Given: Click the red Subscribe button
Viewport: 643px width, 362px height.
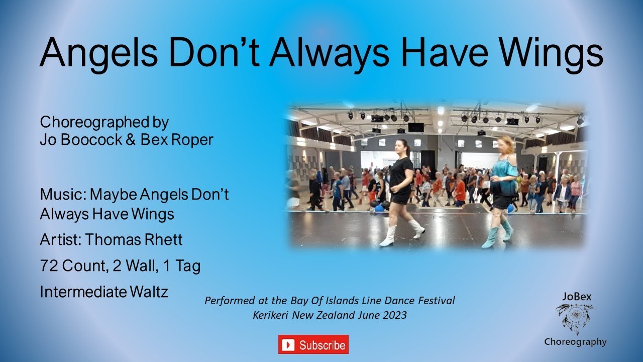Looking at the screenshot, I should point(313,344).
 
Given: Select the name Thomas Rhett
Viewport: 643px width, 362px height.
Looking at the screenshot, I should point(134,240).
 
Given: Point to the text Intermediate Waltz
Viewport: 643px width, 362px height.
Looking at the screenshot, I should point(104,292).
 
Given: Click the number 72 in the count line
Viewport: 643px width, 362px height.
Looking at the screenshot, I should point(49,266).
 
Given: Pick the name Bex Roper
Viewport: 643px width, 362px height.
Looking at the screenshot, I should point(177,139).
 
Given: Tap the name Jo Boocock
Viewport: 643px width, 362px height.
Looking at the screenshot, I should point(80,139).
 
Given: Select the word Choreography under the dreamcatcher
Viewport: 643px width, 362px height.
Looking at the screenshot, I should point(575,342).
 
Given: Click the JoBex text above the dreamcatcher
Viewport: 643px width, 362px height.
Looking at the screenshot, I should point(575,297).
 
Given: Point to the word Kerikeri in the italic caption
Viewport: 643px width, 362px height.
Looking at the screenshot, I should point(272,315).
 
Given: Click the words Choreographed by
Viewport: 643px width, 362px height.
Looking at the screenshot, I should point(104,122).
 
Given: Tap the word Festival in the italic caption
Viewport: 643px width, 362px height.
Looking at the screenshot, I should point(437,301).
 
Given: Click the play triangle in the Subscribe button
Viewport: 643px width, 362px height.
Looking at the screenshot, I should point(288,345).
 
